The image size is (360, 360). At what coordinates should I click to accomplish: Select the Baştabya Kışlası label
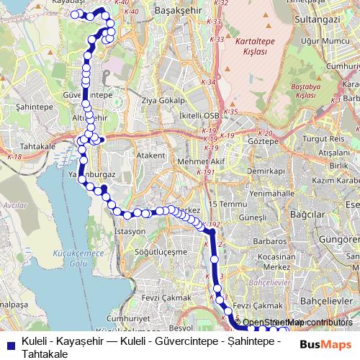[306, 90]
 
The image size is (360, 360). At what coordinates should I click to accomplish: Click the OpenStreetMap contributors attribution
[297, 323]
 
